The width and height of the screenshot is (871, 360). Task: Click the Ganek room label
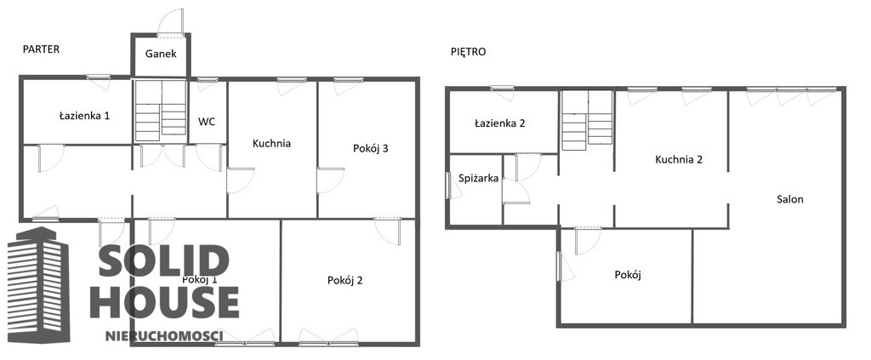click(x=161, y=54)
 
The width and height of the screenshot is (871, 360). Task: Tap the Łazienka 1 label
click(x=84, y=116)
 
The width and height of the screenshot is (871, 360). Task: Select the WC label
click(x=208, y=121)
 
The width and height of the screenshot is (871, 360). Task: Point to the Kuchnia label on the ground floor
click(x=271, y=143)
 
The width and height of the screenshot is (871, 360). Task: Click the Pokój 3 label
click(x=371, y=148)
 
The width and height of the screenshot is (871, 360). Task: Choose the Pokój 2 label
click(x=345, y=281)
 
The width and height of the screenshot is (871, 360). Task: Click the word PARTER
click(x=41, y=49)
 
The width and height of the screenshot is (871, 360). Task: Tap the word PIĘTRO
click(x=469, y=52)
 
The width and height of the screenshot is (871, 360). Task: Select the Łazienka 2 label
click(x=500, y=123)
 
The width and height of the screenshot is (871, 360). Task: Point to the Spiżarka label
click(x=478, y=179)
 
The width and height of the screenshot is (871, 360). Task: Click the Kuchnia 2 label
click(x=680, y=160)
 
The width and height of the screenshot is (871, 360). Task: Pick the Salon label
click(x=790, y=199)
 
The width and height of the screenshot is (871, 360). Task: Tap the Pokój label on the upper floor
click(x=629, y=274)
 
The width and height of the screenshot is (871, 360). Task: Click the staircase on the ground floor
click(x=161, y=110)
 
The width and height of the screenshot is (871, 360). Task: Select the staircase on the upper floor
click(x=587, y=121)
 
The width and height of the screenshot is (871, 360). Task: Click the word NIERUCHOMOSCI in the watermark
click(x=164, y=335)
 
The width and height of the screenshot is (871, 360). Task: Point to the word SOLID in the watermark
click(x=164, y=260)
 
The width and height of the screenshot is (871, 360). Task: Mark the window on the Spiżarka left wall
click(x=449, y=185)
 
